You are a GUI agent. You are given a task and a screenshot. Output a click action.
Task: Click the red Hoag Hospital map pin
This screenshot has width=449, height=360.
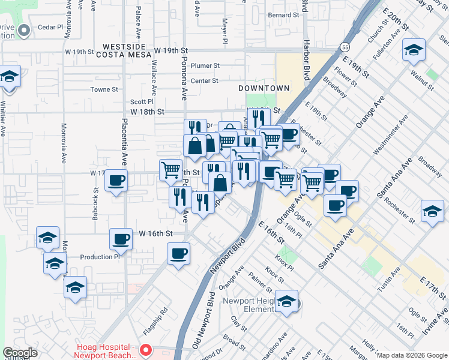coord(145,349)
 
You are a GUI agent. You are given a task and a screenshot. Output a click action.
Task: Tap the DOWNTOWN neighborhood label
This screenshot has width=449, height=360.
coord(264,88)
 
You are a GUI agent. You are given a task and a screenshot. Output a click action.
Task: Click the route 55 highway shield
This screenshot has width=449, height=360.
coord(343,46)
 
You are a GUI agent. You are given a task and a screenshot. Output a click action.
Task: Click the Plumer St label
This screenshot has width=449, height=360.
coord(205,65)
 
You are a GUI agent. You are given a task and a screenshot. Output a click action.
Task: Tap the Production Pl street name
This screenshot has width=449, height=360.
coord(100,257)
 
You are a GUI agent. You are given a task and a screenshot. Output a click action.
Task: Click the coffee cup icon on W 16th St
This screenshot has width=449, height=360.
coord(121,239)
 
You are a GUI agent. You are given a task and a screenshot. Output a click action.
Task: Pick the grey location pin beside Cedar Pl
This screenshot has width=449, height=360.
coord(24,30)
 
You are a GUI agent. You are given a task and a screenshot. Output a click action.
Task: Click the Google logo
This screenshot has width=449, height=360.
coord(20,353)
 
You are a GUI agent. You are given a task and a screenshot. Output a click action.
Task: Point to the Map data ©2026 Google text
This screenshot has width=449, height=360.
coord(412,355)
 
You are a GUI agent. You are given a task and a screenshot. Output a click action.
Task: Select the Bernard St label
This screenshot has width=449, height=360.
coord(283,14)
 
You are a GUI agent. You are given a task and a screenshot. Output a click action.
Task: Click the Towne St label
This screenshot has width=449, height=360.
coord(104,89)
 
